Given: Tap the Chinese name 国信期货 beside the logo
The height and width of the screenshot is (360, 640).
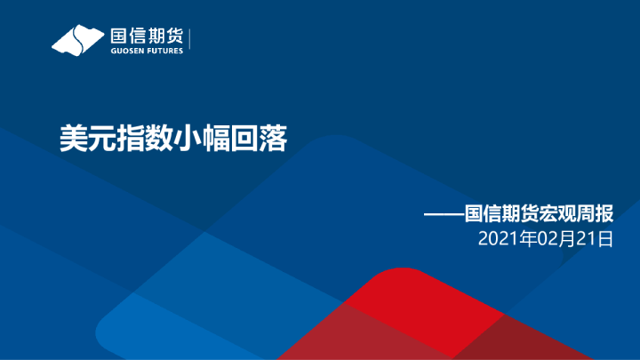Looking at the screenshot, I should point(146,36).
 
